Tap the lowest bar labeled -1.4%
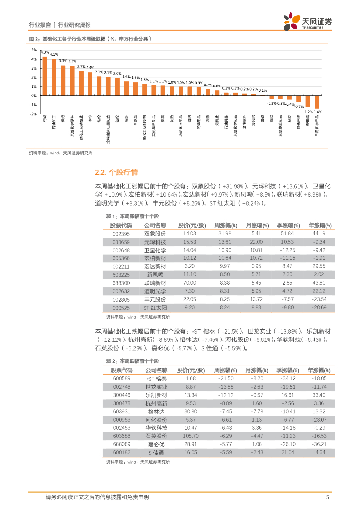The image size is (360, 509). tap(317, 101)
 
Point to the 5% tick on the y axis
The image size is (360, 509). tap(34, 50)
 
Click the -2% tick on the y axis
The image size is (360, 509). tap(33, 114)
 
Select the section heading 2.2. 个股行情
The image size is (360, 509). tap(113, 172)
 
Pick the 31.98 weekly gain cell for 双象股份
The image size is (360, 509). tap(225, 233)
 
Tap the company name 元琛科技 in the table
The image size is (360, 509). tap(155, 242)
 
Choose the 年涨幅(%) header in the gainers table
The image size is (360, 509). tap(319, 225)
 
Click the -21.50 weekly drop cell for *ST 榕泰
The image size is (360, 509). tap(225, 379)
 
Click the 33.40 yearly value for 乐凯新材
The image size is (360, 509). tap(319, 395)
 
